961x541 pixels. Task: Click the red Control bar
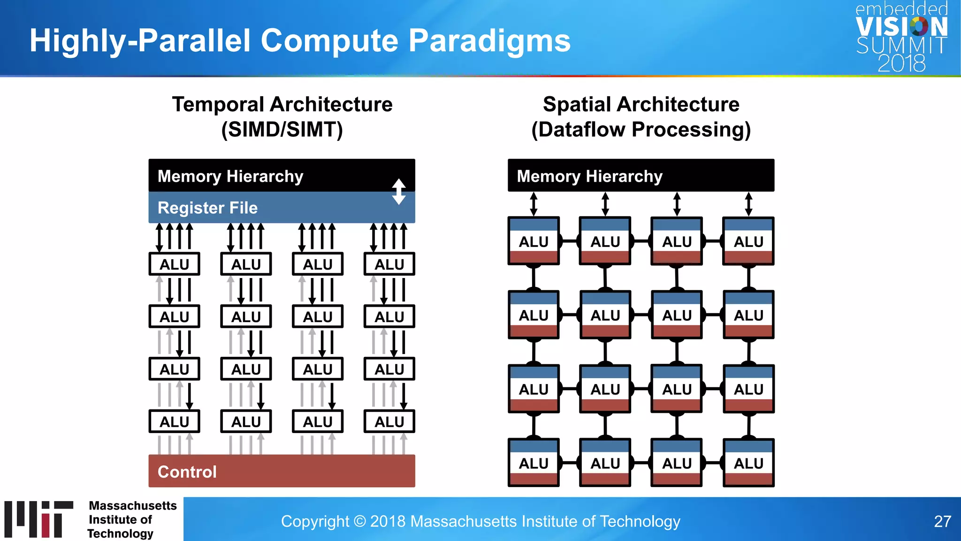(x=282, y=471)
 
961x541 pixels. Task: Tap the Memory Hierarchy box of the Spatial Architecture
(x=641, y=176)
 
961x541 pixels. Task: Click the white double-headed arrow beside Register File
(x=399, y=192)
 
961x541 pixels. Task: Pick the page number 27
(x=942, y=521)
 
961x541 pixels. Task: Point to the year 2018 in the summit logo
(x=901, y=63)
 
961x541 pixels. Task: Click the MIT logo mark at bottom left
(x=38, y=519)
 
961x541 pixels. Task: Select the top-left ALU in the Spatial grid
(x=534, y=241)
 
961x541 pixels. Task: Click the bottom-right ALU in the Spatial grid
(x=748, y=463)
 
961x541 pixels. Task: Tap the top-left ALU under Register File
(x=174, y=264)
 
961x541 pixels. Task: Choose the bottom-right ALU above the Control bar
(x=389, y=422)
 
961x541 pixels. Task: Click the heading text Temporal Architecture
(x=282, y=104)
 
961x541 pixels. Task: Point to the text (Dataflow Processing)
(x=641, y=130)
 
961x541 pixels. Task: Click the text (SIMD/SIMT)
(x=282, y=130)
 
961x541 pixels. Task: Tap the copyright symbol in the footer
(x=359, y=521)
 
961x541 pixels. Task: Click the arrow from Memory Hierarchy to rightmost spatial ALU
(x=748, y=204)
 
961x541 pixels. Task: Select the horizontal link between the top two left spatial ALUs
(x=569, y=241)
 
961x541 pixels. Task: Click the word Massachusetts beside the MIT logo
(x=133, y=506)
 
